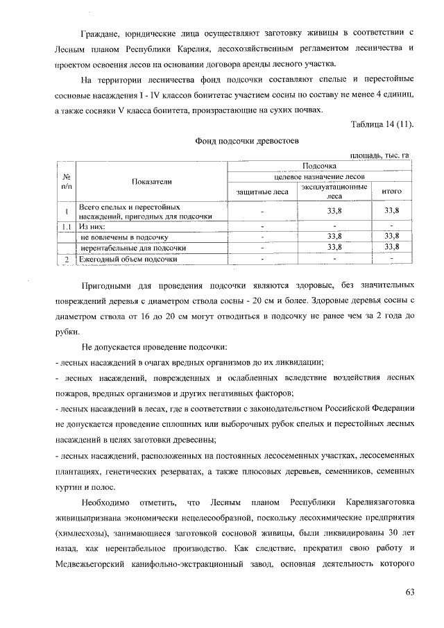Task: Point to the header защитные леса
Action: point(262,192)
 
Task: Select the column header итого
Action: point(392,192)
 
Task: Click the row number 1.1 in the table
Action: point(65,226)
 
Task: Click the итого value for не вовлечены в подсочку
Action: point(392,237)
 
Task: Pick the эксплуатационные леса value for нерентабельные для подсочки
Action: point(334,247)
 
